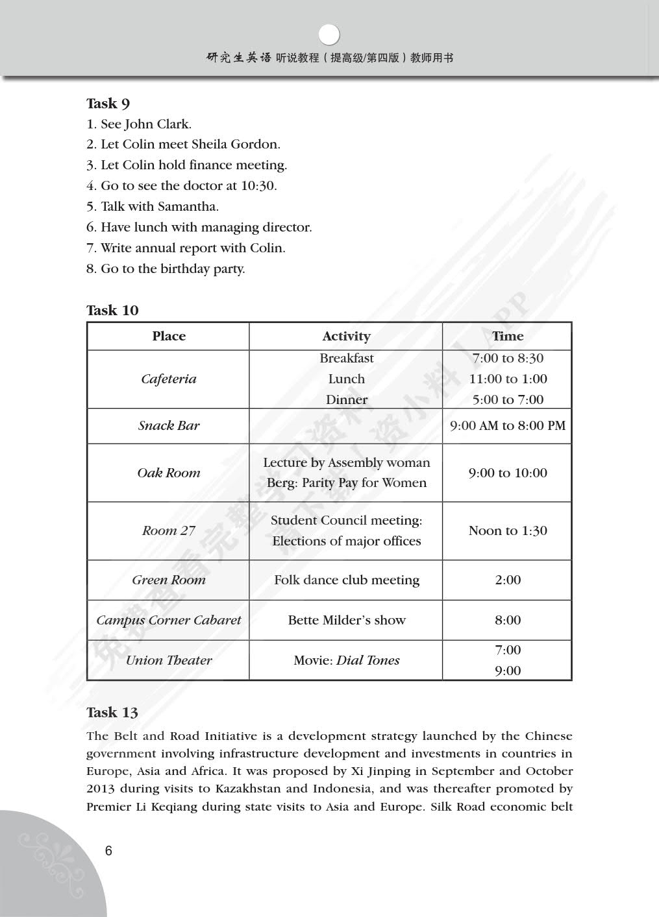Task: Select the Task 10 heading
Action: [112, 311]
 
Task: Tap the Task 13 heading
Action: [112, 713]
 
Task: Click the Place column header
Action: [169, 337]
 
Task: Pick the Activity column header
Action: [346, 337]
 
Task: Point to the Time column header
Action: [507, 337]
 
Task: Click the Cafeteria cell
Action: [169, 379]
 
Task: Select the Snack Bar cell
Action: [169, 426]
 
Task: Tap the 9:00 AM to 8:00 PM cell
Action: [507, 426]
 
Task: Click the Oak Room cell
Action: [169, 473]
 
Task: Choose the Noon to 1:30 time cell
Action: [507, 531]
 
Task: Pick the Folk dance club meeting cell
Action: [346, 580]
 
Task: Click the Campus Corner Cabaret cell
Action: [169, 621]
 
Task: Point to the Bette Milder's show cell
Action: [346, 621]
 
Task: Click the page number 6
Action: [108, 851]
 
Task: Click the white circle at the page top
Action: [330, 34]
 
